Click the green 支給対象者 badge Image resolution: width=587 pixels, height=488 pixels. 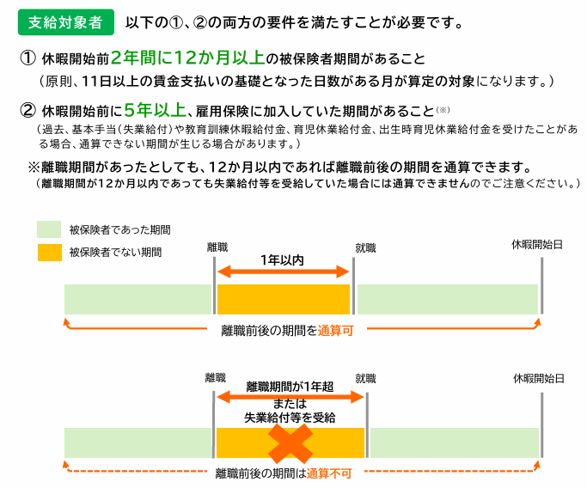click(x=66, y=22)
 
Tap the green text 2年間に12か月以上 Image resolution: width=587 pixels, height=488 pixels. click(x=188, y=58)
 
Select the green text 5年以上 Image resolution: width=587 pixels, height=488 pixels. click(x=155, y=110)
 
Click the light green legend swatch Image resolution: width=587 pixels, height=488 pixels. click(x=49, y=229)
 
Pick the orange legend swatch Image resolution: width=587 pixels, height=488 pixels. click(x=50, y=253)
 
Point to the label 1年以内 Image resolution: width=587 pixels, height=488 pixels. click(x=282, y=260)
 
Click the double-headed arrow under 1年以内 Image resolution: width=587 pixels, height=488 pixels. click(x=284, y=271)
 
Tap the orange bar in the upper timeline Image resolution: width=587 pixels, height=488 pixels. click(x=284, y=299)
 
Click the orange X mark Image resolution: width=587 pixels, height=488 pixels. click(x=290, y=444)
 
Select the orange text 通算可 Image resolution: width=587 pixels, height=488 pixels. click(x=335, y=331)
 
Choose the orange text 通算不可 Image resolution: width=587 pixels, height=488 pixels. click(x=329, y=473)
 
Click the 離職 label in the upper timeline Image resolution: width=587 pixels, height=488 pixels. click(x=217, y=247)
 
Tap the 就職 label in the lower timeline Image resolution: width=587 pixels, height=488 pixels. click(x=365, y=379)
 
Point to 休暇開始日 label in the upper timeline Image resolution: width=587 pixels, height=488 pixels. click(x=537, y=245)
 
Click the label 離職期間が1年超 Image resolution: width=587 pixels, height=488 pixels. click(x=290, y=387)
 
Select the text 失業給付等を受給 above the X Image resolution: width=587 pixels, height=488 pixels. click(x=290, y=418)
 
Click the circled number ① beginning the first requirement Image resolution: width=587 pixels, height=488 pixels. click(x=28, y=58)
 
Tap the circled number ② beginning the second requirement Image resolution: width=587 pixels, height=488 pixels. click(x=28, y=110)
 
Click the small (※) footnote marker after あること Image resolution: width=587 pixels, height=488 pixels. click(x=443, y=110)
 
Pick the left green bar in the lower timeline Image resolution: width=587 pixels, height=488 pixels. click(x=138, y=442)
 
